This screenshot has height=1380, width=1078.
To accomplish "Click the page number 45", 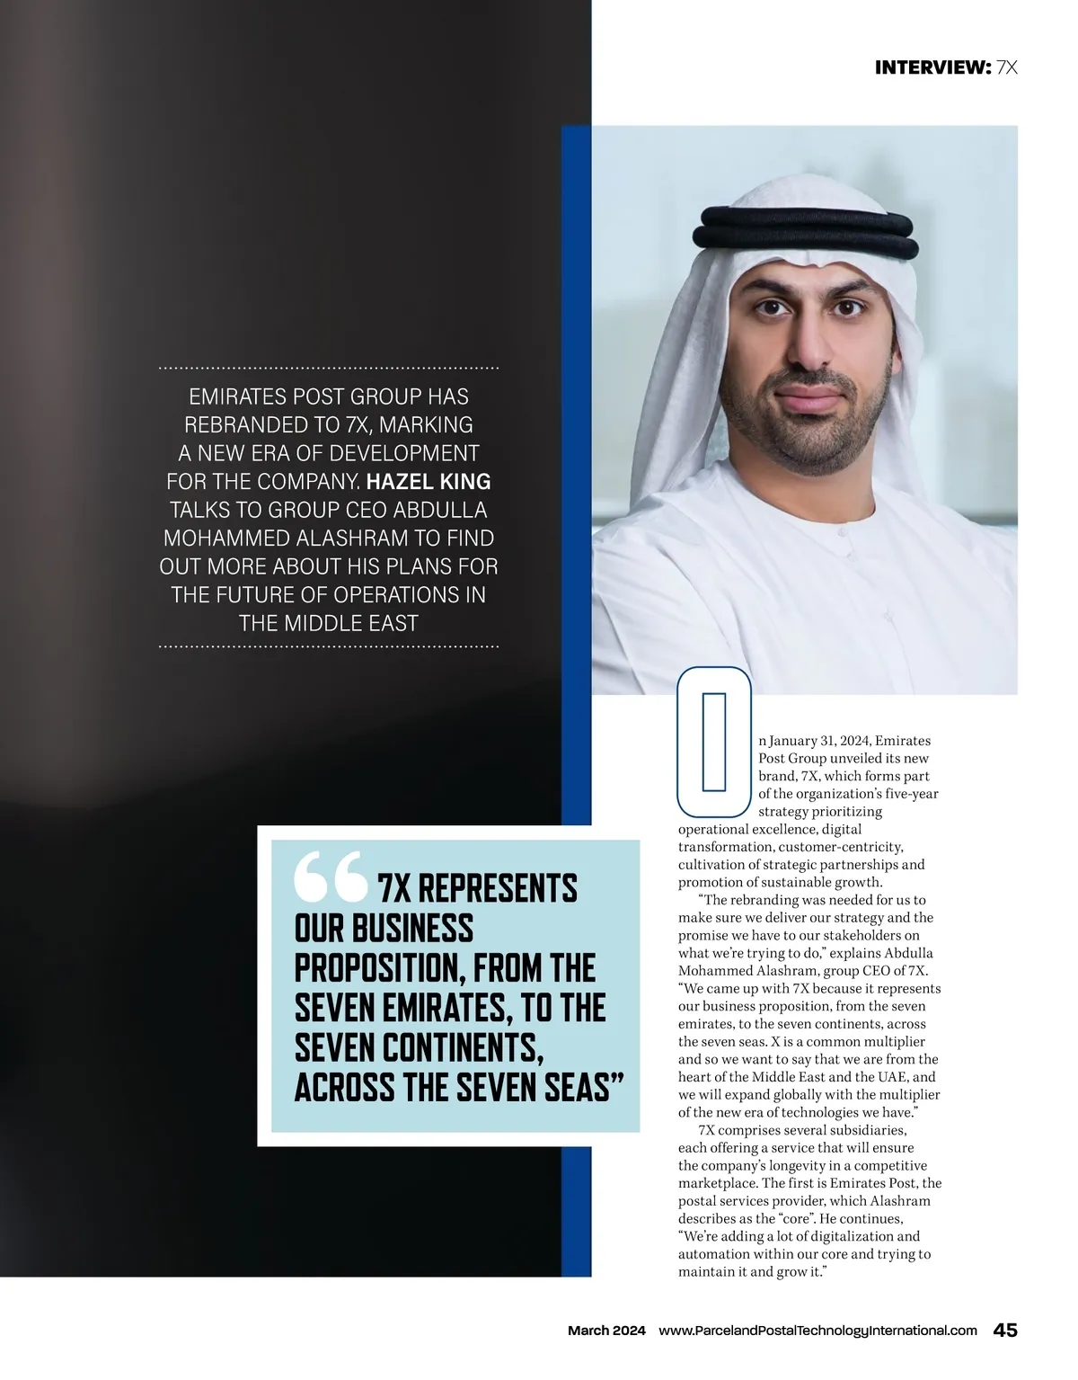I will [1004, 1331].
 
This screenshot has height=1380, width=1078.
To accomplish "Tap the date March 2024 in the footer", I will [606, 1331].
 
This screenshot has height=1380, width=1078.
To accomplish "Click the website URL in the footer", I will [817, 1331].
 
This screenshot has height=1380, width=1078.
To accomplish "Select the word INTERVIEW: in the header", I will [932, 67].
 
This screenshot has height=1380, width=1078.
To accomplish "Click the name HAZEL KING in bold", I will [429, 481].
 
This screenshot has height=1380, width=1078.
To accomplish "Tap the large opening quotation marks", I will [329, 877].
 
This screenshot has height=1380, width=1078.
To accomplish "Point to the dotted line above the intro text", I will [329, 369].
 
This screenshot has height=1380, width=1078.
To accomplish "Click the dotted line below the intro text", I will [329, 646].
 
